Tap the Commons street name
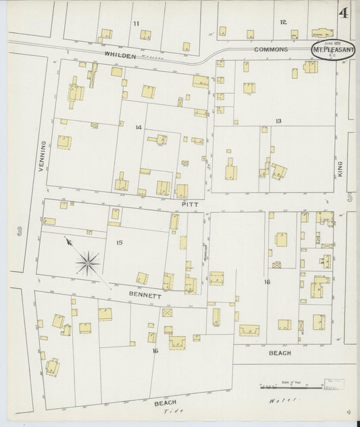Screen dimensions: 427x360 [271, 49]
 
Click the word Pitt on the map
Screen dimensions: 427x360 [188, 202]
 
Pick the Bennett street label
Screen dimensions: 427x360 [145, 296]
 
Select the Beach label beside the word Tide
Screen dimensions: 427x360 [165, 403]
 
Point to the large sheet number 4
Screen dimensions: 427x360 [344, 13]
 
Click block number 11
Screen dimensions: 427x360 [136, 24]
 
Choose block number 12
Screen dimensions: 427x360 [283, 22]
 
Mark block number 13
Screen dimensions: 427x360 [278, 121]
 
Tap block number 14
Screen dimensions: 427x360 [138, 127]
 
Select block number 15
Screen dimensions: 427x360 [119, 242]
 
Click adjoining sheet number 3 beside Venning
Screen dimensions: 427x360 [21, 232]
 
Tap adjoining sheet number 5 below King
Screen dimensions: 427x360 [350, 198]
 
